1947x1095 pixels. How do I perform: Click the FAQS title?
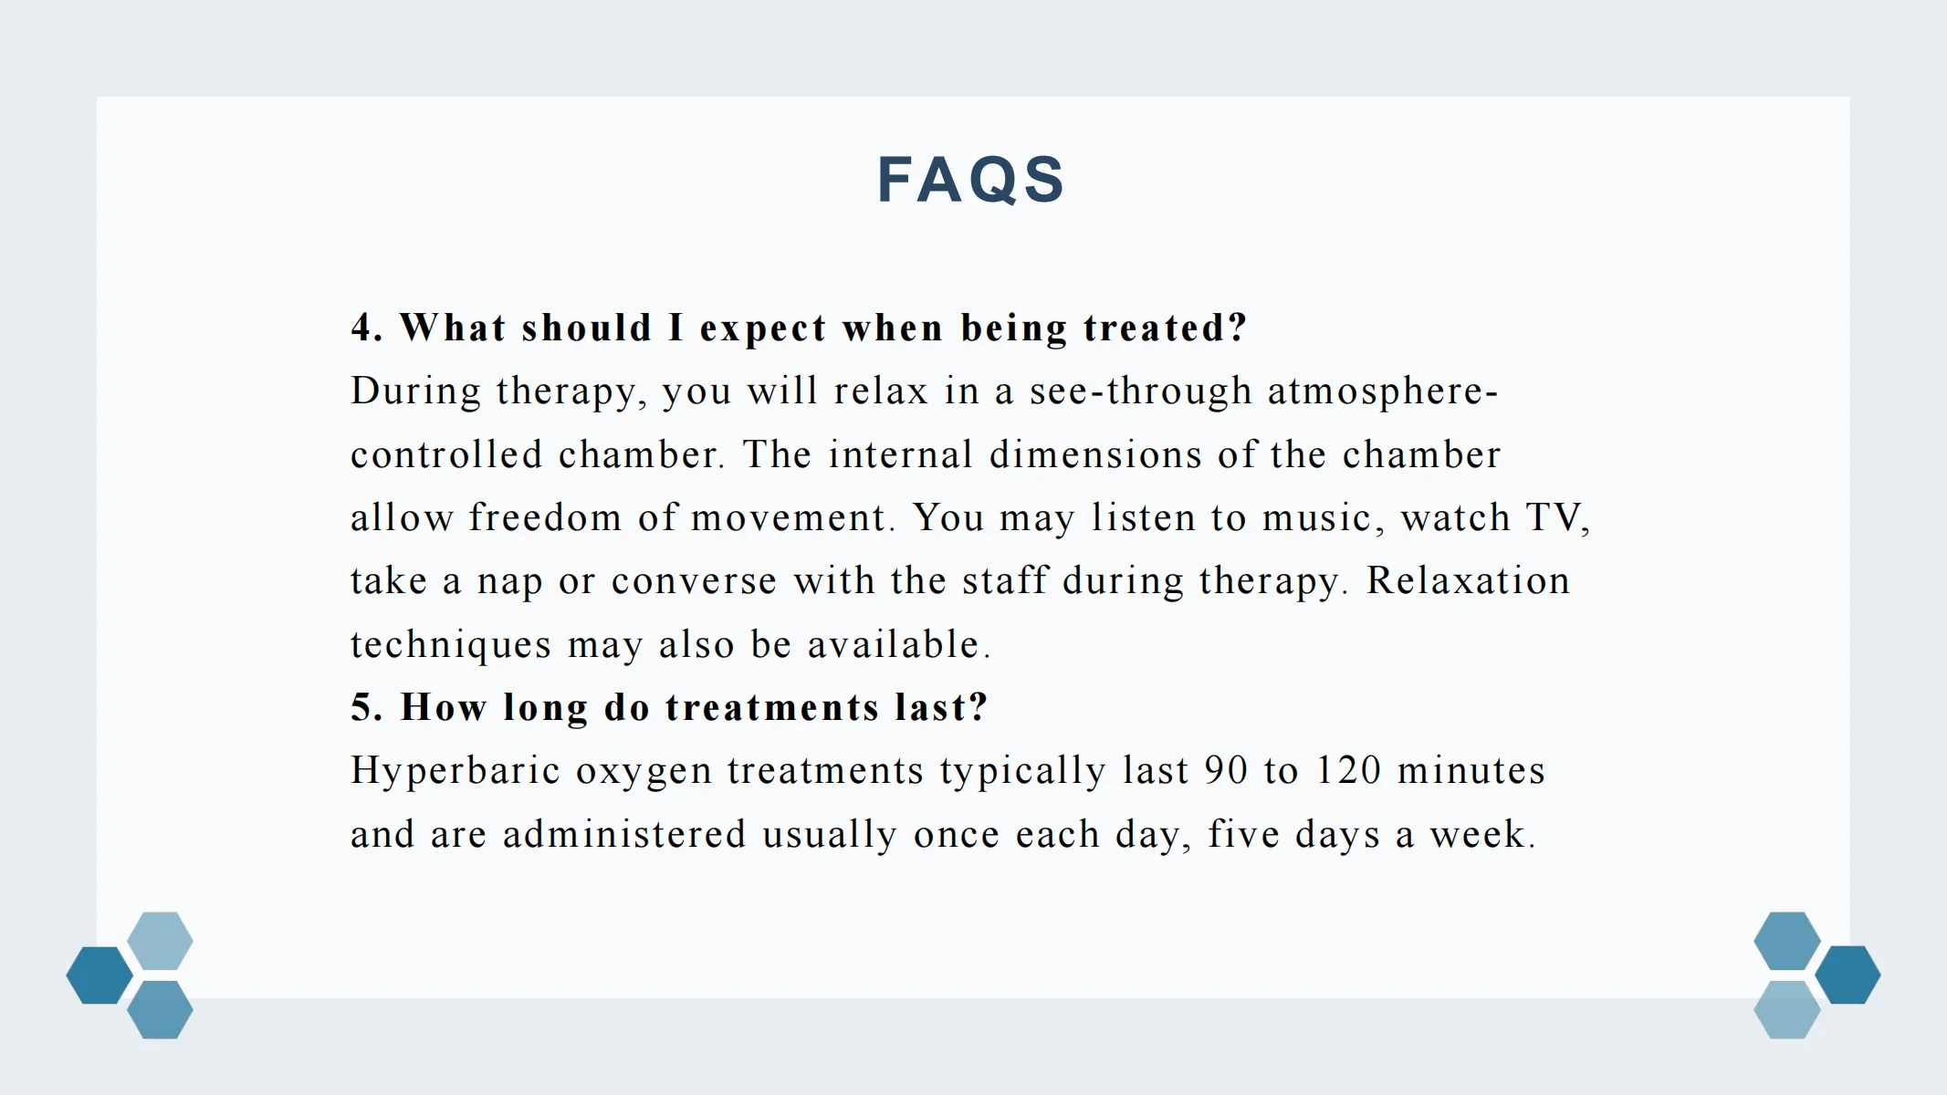pyautogui.click(x=971, y=179)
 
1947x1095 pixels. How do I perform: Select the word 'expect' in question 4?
pyautogui.click(x=763, y=328)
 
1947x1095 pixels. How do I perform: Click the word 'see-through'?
pyautogui.click(x=1140, y=391)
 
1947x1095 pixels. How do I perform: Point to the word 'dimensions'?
pyautogui.click(x=1095, y=454)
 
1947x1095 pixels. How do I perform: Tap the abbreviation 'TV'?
pyautogui.click(x=1553, y=517)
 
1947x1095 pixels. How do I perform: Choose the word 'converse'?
pyautogui.click(x=694, y=581)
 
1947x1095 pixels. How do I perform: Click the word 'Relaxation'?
pyautogui.click(x=1468, y=580)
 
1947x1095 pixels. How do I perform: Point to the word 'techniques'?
pyautogui.click(x=451, y=644)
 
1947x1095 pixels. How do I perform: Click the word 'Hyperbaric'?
pyautogui.click(x=455, y=770)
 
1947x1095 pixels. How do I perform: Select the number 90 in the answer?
pyautogui.click(x=1225, y=770)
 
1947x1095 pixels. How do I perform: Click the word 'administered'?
pyautogui.click(x=624, y=834)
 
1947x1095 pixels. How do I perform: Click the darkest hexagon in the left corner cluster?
pyautogui.click(x=99, y=975)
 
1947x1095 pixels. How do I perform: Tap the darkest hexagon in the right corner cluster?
pyautogui.click(x=1848, y=975)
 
